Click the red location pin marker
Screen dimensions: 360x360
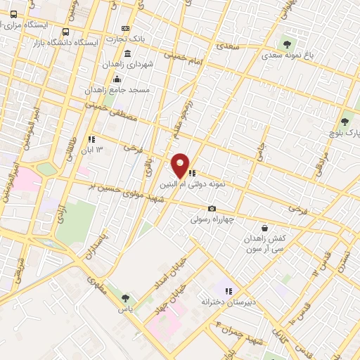(x=181, y=165)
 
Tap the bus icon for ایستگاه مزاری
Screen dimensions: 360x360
(x=14, y=14)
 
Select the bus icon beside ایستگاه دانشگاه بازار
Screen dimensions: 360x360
(x=65, y=32)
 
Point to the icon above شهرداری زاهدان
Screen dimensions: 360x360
(x=127, y=53)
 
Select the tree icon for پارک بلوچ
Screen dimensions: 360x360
(x=345, y=121)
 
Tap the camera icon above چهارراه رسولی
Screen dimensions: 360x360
(x=212, y=208)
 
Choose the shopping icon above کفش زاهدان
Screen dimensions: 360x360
(x=264, y=228)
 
